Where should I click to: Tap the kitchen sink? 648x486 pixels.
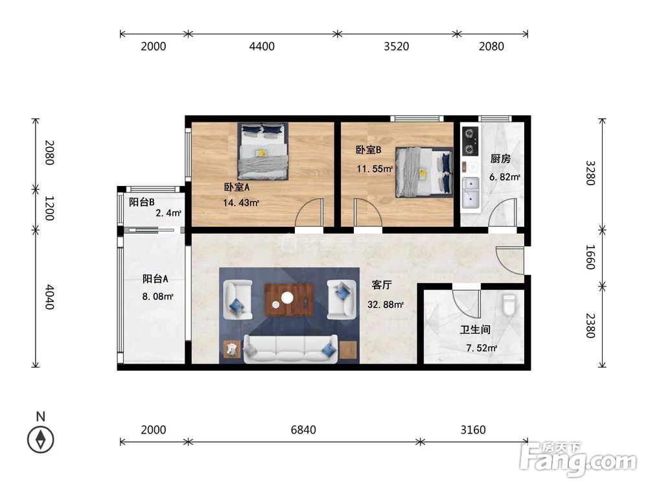point(470,192)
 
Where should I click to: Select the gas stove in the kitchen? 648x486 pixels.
point(470,141)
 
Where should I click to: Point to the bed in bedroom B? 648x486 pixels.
point(424,172)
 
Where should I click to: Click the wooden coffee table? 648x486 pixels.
point(289,299)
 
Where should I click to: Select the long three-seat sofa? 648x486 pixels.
point(290,349)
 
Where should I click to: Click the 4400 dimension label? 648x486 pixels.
point(262,46)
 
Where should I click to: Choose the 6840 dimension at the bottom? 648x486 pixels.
point(303,430)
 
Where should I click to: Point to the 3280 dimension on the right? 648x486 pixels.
point(590,173)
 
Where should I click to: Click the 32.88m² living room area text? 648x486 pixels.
point(385,305)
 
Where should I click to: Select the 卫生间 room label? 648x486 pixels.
point(475,329)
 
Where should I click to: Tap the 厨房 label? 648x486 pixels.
point(500,158)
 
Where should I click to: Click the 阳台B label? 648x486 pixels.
point(142,202)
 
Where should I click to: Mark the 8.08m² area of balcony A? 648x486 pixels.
point(157,296)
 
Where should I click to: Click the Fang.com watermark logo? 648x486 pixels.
point(579,459)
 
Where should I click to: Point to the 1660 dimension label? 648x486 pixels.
point(590,257)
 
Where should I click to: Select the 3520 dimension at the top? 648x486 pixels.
point(397,46)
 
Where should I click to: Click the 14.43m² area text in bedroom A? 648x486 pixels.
point(241,203)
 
